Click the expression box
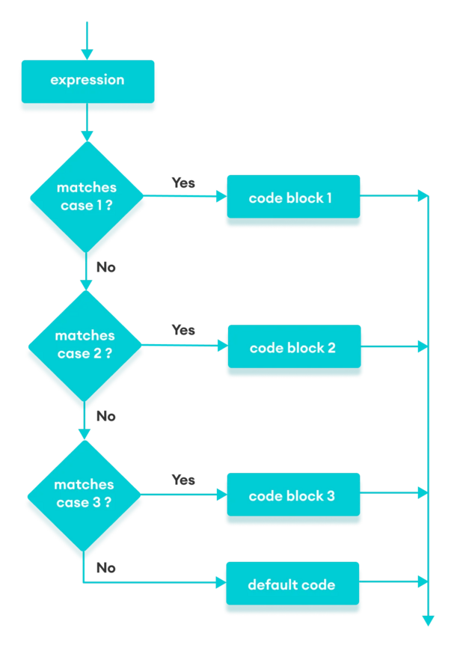[x=88, y=80]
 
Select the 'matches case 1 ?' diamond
[x=87, y=196]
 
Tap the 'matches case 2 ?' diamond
[x=85, y=344]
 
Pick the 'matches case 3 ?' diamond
[x=85, y=493]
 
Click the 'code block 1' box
[x=292, y=198]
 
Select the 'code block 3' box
[x=292, y=495]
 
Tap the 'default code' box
[x=292, y=584]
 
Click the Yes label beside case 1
[x=183, y=182]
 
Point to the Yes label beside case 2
[x=183, y=329]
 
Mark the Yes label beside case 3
[x=183, y=480]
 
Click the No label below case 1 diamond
[x=106, y=267]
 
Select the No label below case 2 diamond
[x=106, y=416]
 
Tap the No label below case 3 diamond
[x=106, y=568]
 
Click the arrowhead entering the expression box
[x=88, y=54]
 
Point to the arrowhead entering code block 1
[x=221, y=197]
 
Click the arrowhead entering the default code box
[x=221, y=582]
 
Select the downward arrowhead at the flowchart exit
[x=428, y=620]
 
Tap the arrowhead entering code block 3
[x=221, y=495]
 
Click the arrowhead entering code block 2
[x=221, y=346]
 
